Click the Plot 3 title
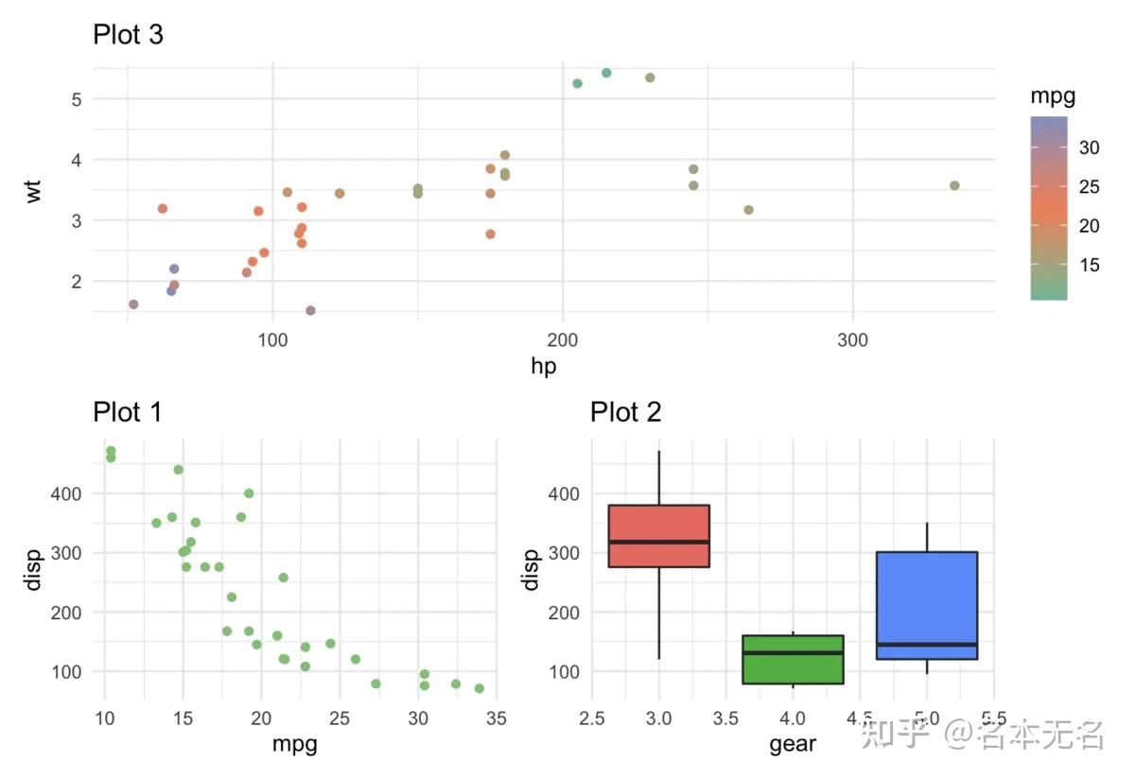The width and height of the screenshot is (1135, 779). point(128,35)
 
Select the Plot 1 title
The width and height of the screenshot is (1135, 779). point(128,412)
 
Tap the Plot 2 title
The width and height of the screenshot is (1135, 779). point(625,412)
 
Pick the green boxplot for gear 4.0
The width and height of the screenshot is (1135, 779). point(793,660)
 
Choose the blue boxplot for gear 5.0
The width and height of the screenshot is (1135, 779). point(927,605)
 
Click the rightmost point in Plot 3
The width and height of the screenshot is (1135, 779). point(954,185)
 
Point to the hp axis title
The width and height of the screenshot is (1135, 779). point(544,367)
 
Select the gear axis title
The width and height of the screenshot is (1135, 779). point(793,744)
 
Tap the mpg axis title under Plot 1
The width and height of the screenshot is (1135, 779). point(294,744)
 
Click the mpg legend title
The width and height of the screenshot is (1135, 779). point(1053,96)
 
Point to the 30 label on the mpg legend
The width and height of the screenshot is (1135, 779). point(1090,147)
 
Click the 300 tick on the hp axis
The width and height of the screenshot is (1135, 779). point(853,339)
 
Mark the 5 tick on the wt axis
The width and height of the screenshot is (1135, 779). point(76,99)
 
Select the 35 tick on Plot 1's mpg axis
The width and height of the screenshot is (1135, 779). point(496,718)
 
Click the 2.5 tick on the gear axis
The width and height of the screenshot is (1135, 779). point(592,718)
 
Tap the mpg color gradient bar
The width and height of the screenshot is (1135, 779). point(1049,208)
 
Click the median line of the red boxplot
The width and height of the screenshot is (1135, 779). point(659,542)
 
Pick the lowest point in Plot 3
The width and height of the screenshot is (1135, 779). point(310,310)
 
